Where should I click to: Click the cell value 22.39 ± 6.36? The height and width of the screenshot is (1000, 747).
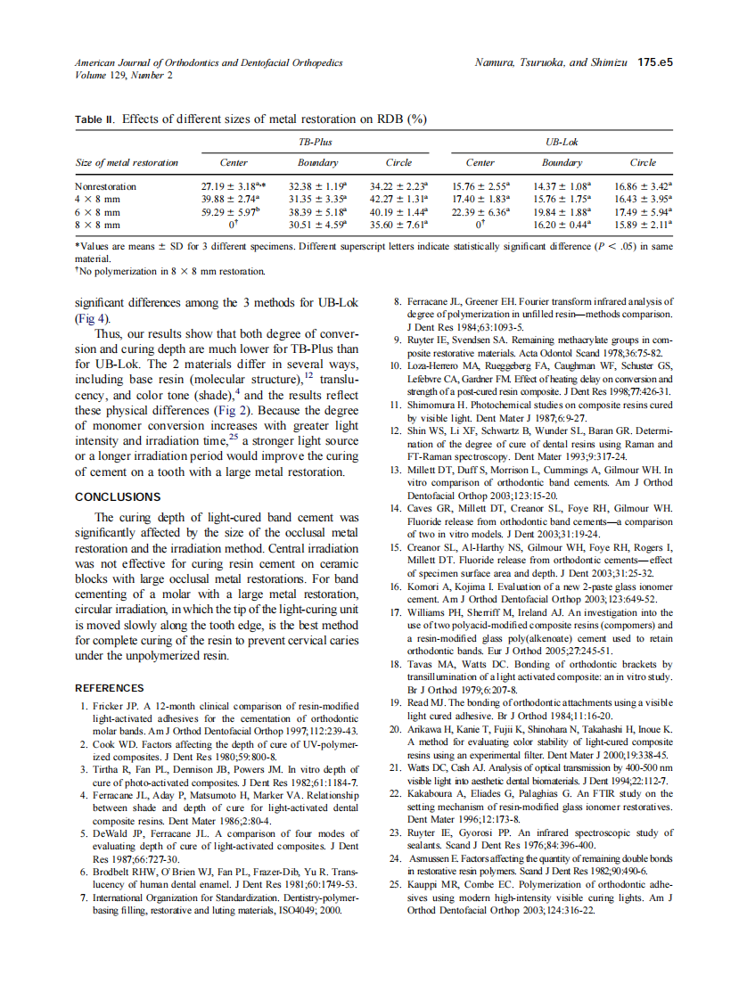click(x=480, y=213)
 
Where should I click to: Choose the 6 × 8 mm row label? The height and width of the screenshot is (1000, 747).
click(x=97, y=213)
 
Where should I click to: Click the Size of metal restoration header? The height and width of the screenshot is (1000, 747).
click(x=127, y=163)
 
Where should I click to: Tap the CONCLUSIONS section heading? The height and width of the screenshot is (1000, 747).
click(x=118, y=496)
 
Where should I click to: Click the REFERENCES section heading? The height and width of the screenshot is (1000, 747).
click(x=109, y=688)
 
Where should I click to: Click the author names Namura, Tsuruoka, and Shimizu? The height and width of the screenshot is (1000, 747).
click(x=553, y=63)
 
